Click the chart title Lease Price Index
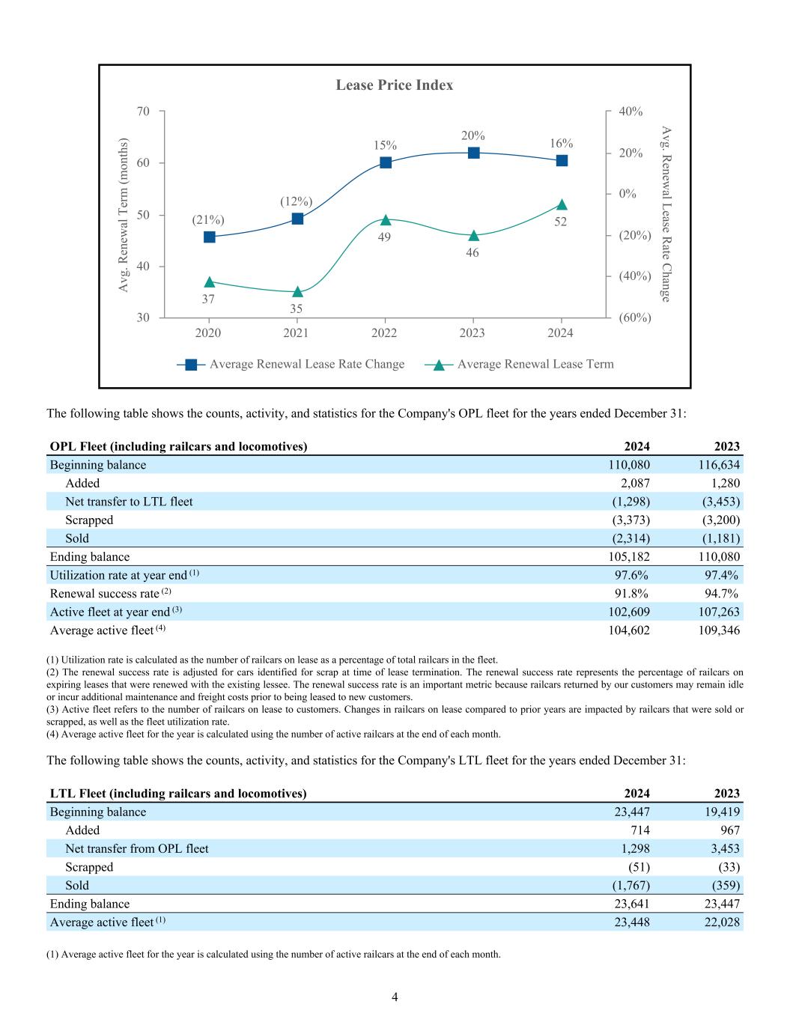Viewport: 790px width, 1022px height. (x=394, y=85)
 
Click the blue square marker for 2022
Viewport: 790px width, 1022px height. (x=386, y=162)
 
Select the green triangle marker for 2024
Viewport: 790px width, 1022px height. (x=562, y=204)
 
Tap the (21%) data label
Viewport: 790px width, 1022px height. (x=208, y=220)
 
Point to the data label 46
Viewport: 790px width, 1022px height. (x=472, y=253)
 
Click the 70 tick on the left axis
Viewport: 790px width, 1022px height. (x=143, y=112)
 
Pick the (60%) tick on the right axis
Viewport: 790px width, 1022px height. (x=635, y=317)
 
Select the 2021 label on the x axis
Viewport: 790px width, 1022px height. (x=296, y=333)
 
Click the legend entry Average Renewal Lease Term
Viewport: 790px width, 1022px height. (x=535, y=365)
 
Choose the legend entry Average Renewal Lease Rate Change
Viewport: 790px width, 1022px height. (x=306, y=365)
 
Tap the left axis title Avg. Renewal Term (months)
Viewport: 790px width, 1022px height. (x=124, y=216)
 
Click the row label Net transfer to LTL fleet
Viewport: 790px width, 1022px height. (x=129, y=502)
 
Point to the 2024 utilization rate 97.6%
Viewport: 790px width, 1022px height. (x=631, y=575)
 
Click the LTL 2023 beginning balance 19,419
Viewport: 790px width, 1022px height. (x=720, y=812)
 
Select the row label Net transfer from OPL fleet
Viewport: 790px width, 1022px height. (x=137, y=849)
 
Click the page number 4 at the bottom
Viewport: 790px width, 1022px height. (x=395, y=997)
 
